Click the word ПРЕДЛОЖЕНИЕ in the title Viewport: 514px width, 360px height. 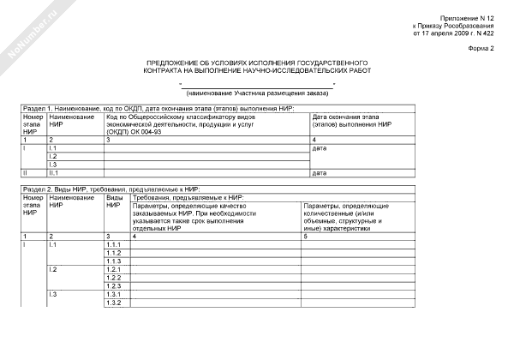click(173, 64)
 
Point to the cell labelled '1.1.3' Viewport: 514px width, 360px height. click(113, 261)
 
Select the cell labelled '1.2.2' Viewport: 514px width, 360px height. click(113, 278)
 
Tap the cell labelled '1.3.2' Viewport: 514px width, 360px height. click(113, 303)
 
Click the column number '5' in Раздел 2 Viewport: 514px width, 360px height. click(306, 236)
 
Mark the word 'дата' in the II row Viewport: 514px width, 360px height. click(320, 172)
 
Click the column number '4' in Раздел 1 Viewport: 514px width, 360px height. click(314, 139)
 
